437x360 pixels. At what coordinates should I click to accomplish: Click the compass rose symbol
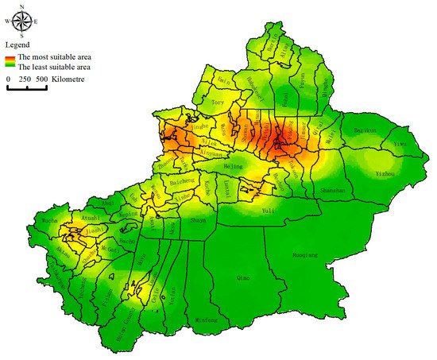click(21, 21)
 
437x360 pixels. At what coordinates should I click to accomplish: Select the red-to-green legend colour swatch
click(10, 62)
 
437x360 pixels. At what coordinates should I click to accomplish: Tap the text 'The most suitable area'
click(54, 57)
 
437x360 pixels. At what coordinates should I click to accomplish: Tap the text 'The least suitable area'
click(53, 68)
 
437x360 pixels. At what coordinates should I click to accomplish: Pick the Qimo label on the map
click(246, 279)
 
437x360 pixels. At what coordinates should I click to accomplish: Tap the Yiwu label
click(400, 144)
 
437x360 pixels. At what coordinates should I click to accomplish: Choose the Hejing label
click(234, 168)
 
